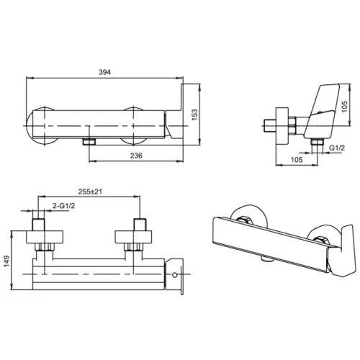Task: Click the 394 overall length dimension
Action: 105,72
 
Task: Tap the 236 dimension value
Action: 136,156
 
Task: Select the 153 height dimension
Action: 194,114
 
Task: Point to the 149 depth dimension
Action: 6,261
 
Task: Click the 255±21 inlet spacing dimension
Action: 90,192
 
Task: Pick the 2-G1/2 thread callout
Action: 63,206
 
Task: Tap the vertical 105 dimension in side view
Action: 344,107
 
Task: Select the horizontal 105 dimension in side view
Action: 297,160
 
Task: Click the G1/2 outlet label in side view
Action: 337,148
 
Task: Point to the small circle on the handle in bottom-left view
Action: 175,275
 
